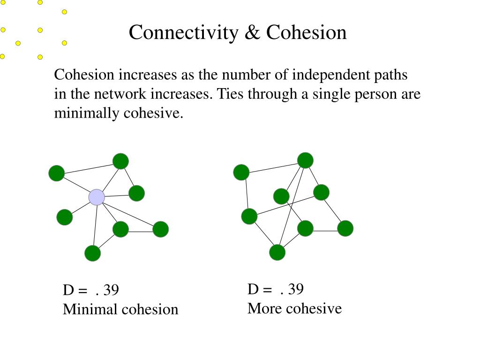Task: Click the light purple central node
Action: [97, 197]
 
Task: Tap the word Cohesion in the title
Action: [307, 33]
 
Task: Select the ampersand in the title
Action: [252, 33]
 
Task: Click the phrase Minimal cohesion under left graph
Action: [120, 309]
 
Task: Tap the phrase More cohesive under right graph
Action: [294, 308]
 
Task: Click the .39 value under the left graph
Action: [107, 291]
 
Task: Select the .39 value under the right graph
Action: [292, 290]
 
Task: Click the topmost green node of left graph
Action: [120, 161]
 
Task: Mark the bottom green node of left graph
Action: [92, 253]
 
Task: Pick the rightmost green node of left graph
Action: [160, 229]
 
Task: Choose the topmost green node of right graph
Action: [305, 160]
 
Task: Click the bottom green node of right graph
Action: [277, 252]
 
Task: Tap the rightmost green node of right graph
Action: [345, 228]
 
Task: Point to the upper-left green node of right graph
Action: [241, 172]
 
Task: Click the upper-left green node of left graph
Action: [56, 173]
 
